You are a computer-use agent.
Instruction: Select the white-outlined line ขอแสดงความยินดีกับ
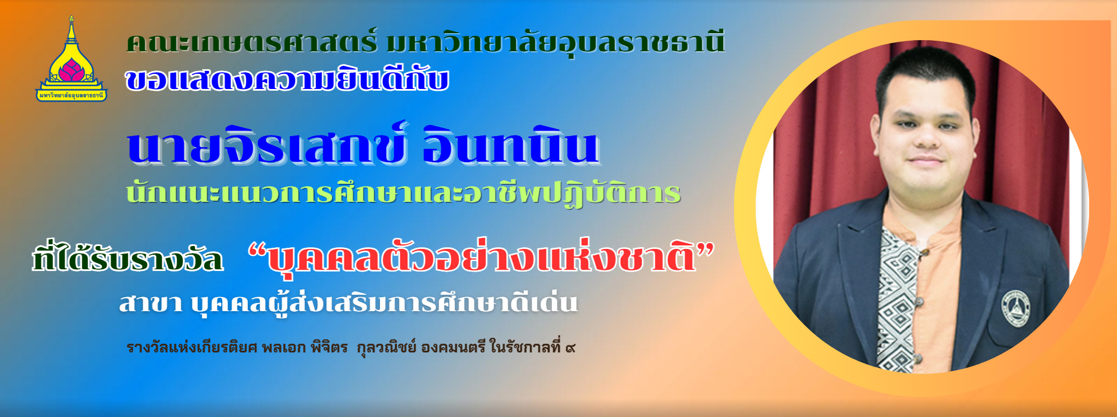287,79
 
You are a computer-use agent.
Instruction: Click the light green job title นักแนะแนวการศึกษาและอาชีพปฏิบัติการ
403,192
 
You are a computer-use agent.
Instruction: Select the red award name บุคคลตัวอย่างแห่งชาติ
482,257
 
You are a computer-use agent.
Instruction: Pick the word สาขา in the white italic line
151,303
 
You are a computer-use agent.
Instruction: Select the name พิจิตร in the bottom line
329,347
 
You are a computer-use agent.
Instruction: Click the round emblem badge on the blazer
1015,308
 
